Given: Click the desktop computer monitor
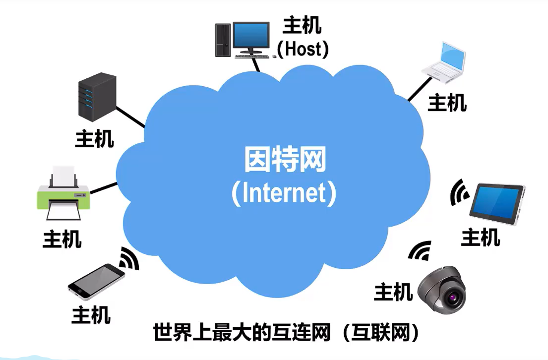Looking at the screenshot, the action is pyautogui.click(x=251, y=38).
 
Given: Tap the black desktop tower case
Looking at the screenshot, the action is pyautogui.click(x=223, y=40).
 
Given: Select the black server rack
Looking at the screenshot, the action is pyautogui.click(x=97, y=97).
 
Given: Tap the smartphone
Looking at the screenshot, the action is pyautogui.click(x=96, y=282).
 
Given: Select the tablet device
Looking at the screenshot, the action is pyautogui.click(x=497, y=203).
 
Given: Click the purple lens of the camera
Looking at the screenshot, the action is pyautogui.click(x=454, y=298).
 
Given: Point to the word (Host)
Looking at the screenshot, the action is pyautogui.click(x=303, y=49).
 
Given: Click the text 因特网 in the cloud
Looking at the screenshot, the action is pyautogui.click(x=285, y=159).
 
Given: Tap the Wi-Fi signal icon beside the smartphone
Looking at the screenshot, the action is pyautogui.click(x=129, y=258).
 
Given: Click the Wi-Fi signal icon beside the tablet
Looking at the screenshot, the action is pyautogui.click(x=459, y=193).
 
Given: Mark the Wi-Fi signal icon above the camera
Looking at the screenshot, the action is pyautogui.click(x=421, y=250).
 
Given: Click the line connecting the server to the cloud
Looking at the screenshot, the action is pyautogui.click(x=130, y=117).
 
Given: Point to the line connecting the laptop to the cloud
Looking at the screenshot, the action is pyautogui.click(x=420, y=89).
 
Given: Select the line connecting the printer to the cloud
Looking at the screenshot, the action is pyautogui.click(x=104, y=188).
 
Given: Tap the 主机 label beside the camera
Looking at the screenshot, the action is pyautogui.click(x=393, y=292).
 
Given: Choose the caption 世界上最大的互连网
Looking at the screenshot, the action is pyautogui.click(x=242, y=332).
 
